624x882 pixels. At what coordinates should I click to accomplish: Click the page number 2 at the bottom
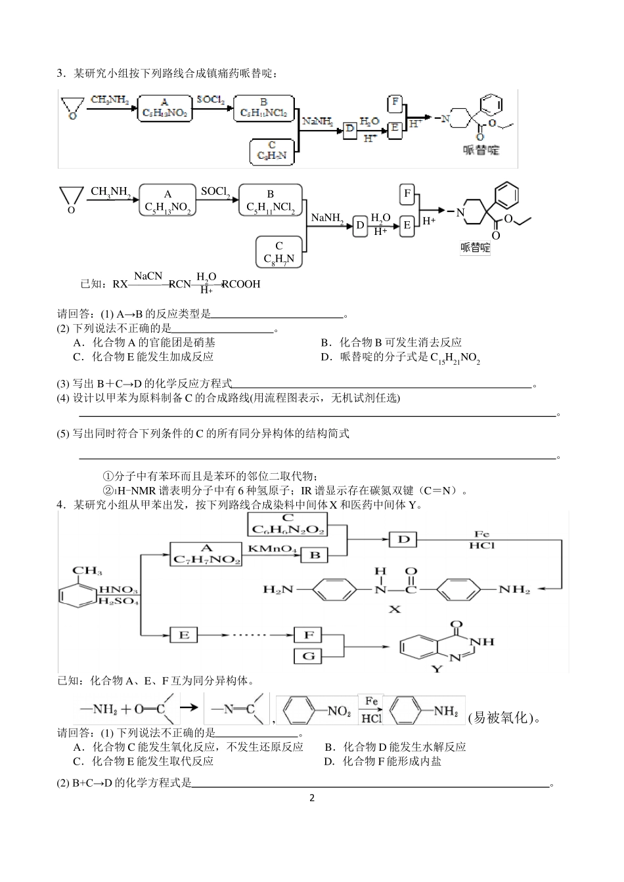pos(312,798)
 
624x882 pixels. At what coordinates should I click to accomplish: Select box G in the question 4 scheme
pos(309,656)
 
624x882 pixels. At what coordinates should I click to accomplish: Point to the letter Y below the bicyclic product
pos(437,669)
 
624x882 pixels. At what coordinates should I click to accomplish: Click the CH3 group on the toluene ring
pos(87,571)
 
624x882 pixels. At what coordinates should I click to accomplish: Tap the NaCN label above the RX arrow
pos(148,276)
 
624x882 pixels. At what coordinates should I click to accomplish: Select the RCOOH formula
pos(241,284)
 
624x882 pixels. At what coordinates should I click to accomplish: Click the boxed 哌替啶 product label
pos(476,247)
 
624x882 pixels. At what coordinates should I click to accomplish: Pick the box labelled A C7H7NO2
pos(206,554)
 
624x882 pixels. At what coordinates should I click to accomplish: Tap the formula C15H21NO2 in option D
pos(455,358)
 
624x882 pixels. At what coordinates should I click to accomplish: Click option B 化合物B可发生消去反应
pos(391,342)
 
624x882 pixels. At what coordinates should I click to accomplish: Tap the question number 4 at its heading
pos(60,505)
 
